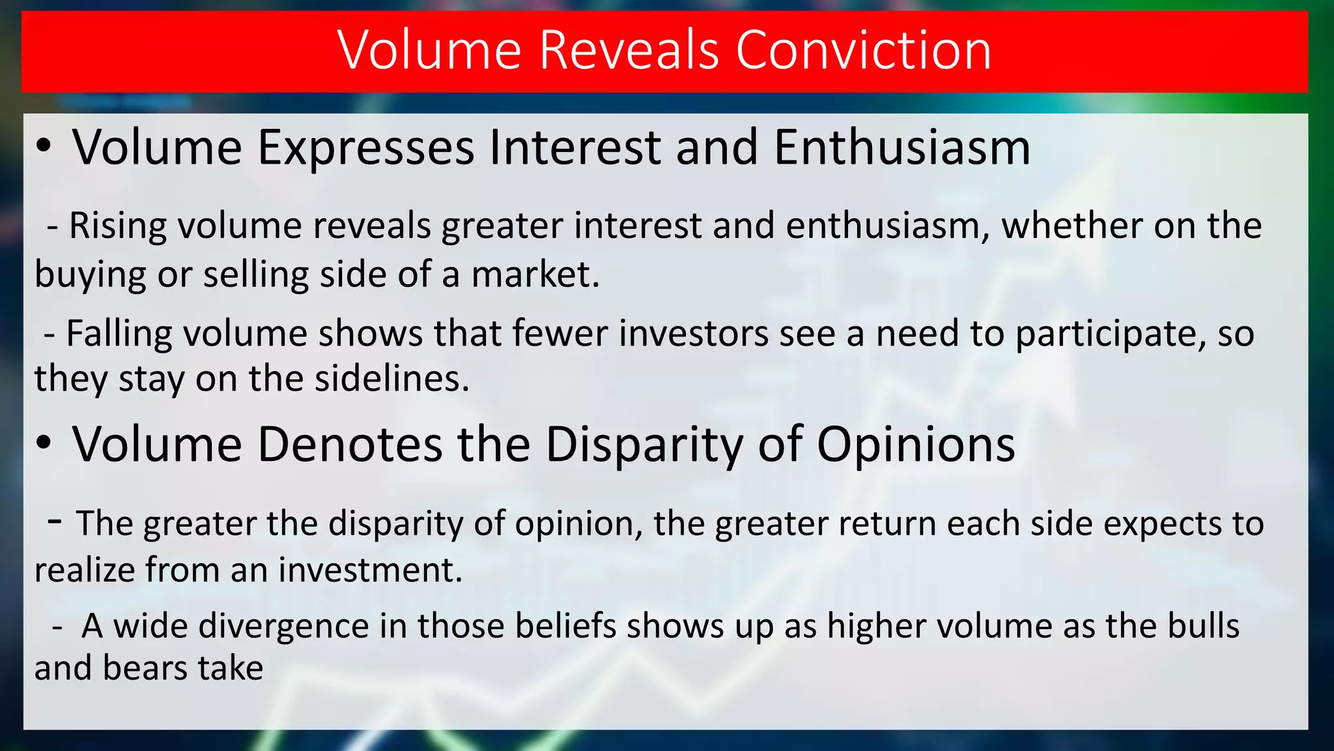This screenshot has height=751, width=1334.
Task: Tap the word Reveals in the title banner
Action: pos(629,50)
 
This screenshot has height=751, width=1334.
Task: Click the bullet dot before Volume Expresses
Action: pos(44,147)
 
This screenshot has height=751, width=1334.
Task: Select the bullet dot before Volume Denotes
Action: pos(44,443)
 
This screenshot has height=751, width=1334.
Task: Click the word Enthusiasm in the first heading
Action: pos(902,147)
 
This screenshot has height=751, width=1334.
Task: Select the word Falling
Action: pos(119,334)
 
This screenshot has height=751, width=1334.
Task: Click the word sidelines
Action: pos(391,379)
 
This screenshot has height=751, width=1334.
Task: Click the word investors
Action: pos(694,334)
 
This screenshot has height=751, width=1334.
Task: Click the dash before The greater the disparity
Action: pos(55,520)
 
